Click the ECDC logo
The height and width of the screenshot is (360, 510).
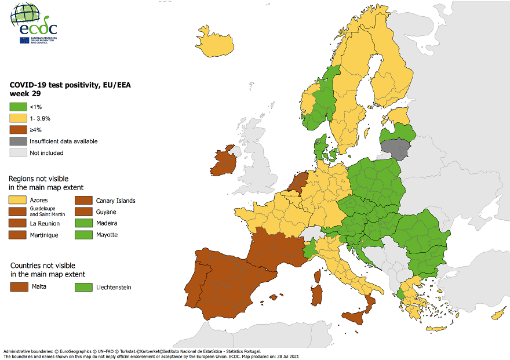34,23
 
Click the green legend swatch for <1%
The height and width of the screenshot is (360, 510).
17,107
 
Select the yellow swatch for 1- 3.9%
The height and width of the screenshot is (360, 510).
17,118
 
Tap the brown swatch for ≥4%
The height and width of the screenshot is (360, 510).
17,130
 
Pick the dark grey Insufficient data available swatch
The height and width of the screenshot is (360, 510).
17,141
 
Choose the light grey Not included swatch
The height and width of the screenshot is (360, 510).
17,153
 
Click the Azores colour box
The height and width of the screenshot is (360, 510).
17,200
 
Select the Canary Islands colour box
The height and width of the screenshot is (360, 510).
83,201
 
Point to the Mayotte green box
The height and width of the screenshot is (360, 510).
83,235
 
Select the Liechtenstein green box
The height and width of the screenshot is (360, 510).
85,287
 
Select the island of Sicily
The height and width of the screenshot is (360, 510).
355,316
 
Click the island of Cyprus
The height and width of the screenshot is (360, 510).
498,315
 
